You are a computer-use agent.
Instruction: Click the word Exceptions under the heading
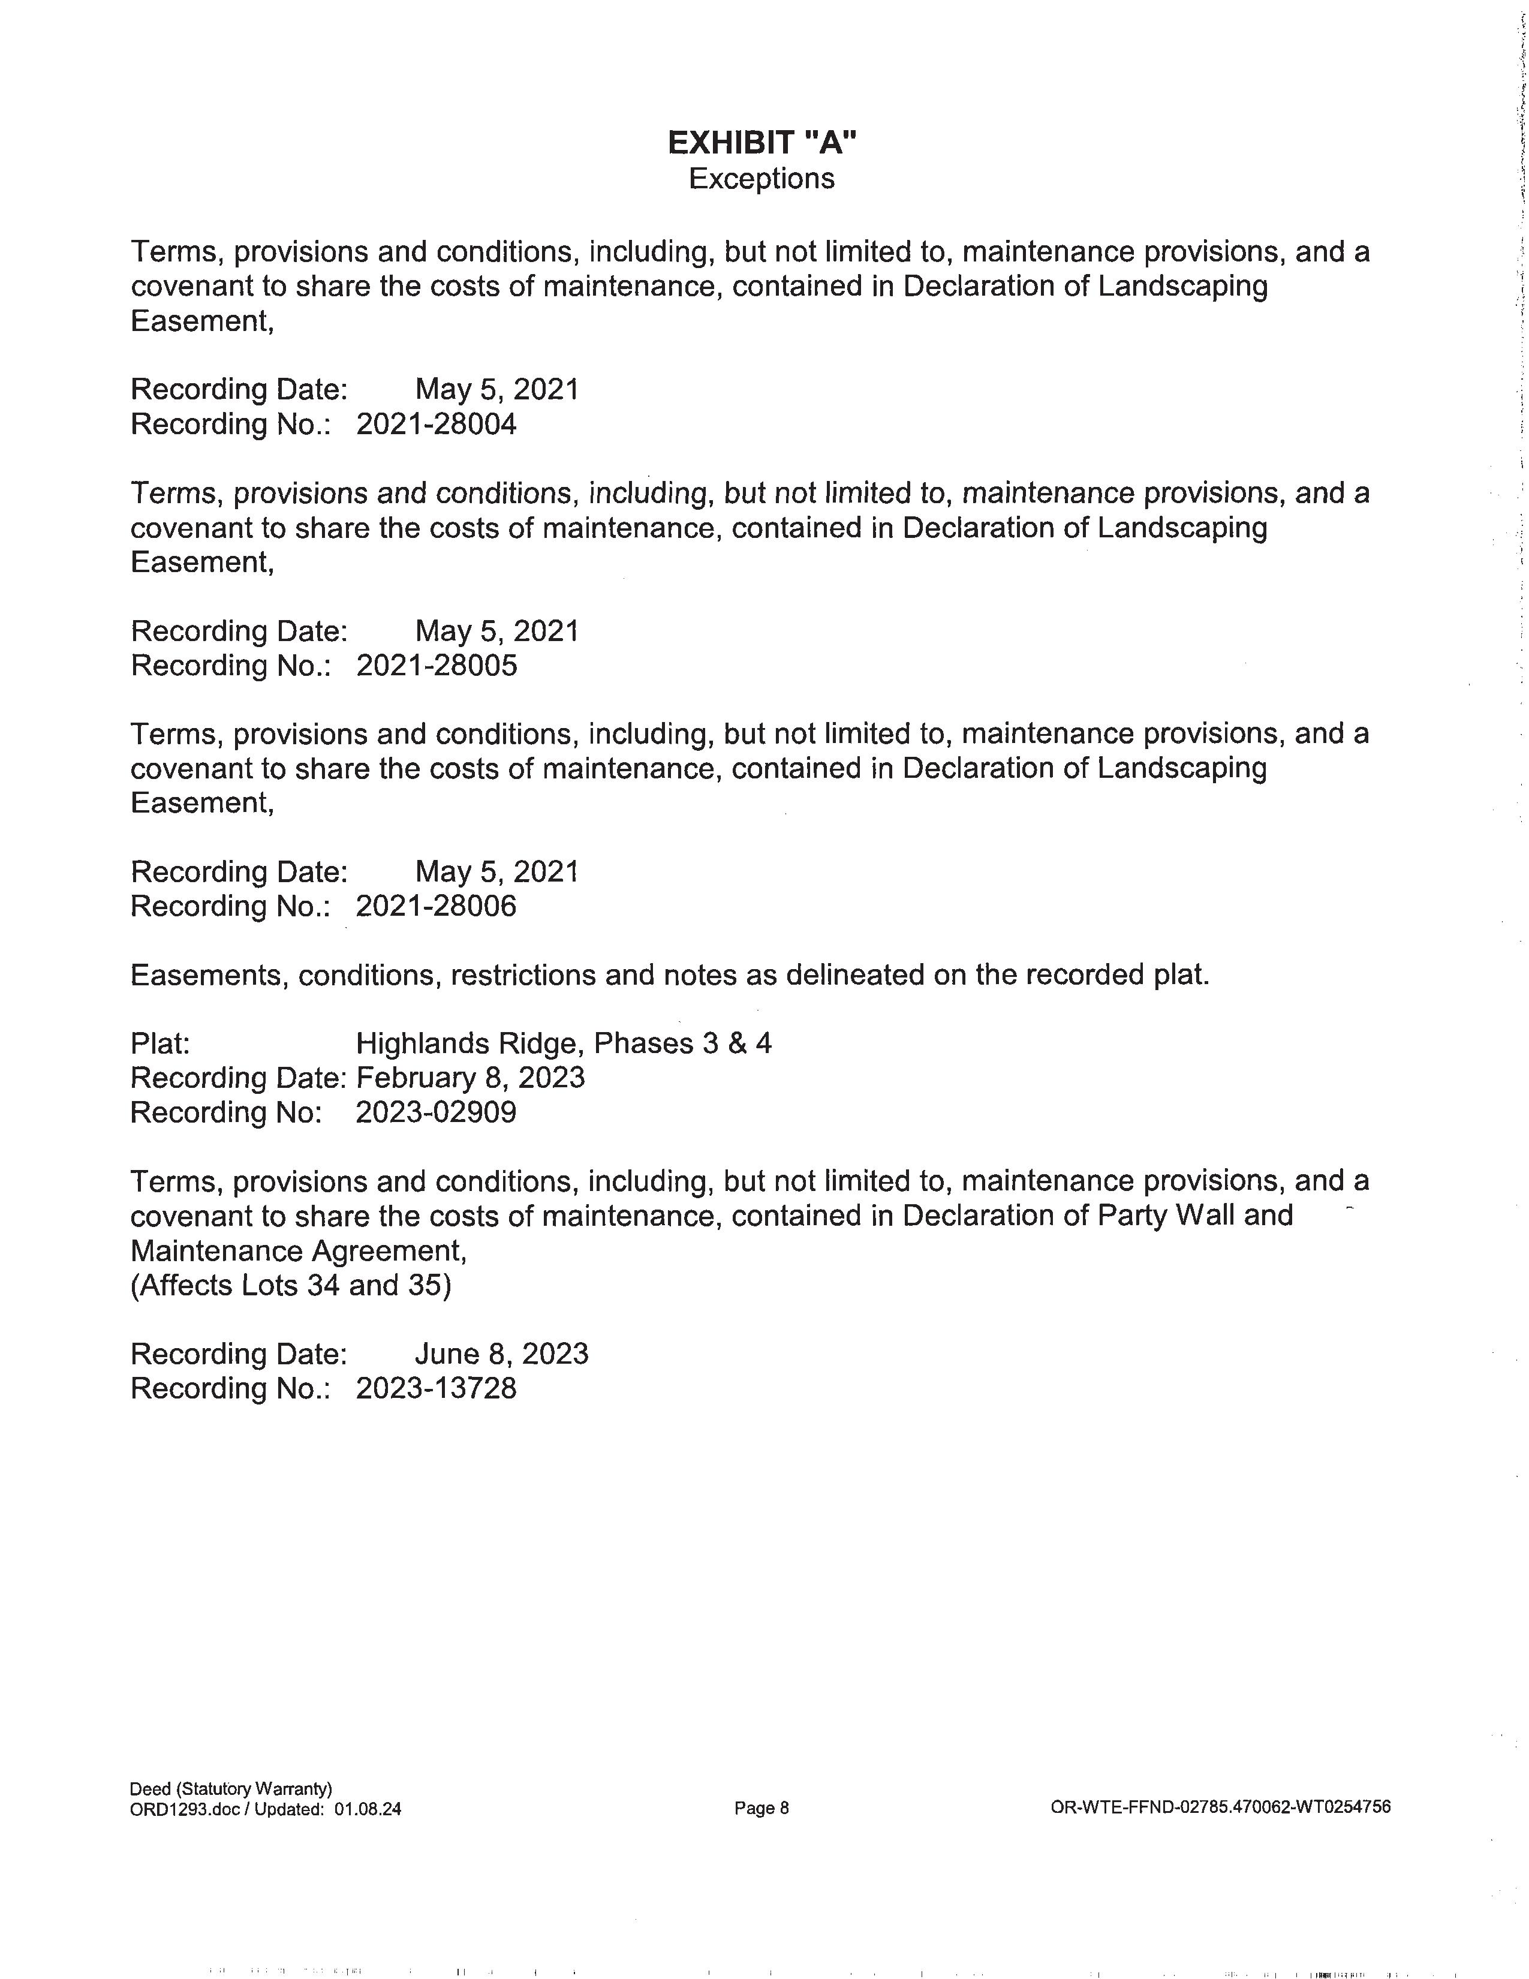click(762, 179)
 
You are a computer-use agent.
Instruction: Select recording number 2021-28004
click(436, 424)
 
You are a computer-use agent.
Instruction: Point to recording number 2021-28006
click(436, 906)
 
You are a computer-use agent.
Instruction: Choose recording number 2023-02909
click(436, 1112)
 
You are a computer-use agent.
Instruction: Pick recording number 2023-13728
click(436, 1388)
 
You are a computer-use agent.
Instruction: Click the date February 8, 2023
click(470, 1078)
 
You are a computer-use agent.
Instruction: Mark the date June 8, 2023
click(501, 1354)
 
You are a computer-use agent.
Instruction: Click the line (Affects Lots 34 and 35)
click(291, 1286)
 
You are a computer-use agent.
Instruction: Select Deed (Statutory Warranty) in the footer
click(231, 1789)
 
